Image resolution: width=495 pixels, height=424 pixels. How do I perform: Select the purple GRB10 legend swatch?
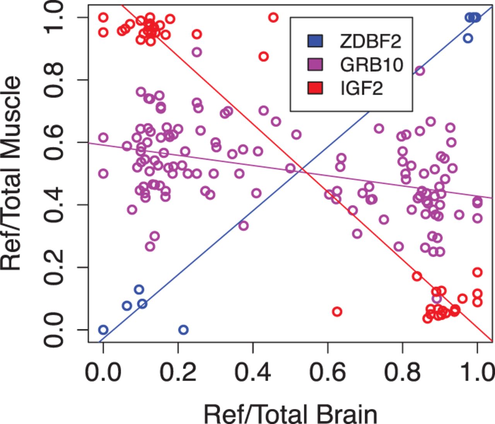[315, 65]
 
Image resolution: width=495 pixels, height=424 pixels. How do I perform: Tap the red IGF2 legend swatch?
[315, 88]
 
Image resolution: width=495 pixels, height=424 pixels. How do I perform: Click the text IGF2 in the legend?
[362, 88]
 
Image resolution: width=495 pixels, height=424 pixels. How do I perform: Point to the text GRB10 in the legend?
[372, 65]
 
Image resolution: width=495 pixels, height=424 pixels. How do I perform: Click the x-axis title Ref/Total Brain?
[290, 414]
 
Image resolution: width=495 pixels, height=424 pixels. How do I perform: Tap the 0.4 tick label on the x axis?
[253, 372]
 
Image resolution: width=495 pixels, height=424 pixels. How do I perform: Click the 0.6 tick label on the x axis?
[328, 372]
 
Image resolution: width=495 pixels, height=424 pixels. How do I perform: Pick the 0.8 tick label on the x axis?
[402, 372]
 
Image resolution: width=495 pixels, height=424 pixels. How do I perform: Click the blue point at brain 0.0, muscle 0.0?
[103, 330]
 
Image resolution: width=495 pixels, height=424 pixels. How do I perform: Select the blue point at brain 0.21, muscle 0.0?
[184, 330]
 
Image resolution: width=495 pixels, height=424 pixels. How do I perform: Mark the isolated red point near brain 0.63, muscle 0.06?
[337, 311]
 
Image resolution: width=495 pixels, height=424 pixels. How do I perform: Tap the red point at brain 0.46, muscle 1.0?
[273, 17]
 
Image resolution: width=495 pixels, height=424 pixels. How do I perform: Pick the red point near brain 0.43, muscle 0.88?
[264, 57]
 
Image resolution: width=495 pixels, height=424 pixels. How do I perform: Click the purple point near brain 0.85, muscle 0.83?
[420, 71]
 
